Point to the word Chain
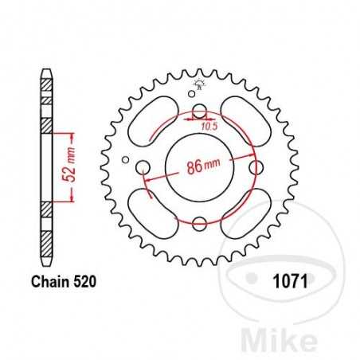click(x=50, y=280)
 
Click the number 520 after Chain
click(x=86, y=280)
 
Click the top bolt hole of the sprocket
click(x=199, y=112)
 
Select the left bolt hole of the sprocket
click(x=143, y=167)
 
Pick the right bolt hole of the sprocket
click(x=256, y=168)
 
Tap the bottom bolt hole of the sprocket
click(x=199, y=224)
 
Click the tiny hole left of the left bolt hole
click(x=126, y=158)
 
